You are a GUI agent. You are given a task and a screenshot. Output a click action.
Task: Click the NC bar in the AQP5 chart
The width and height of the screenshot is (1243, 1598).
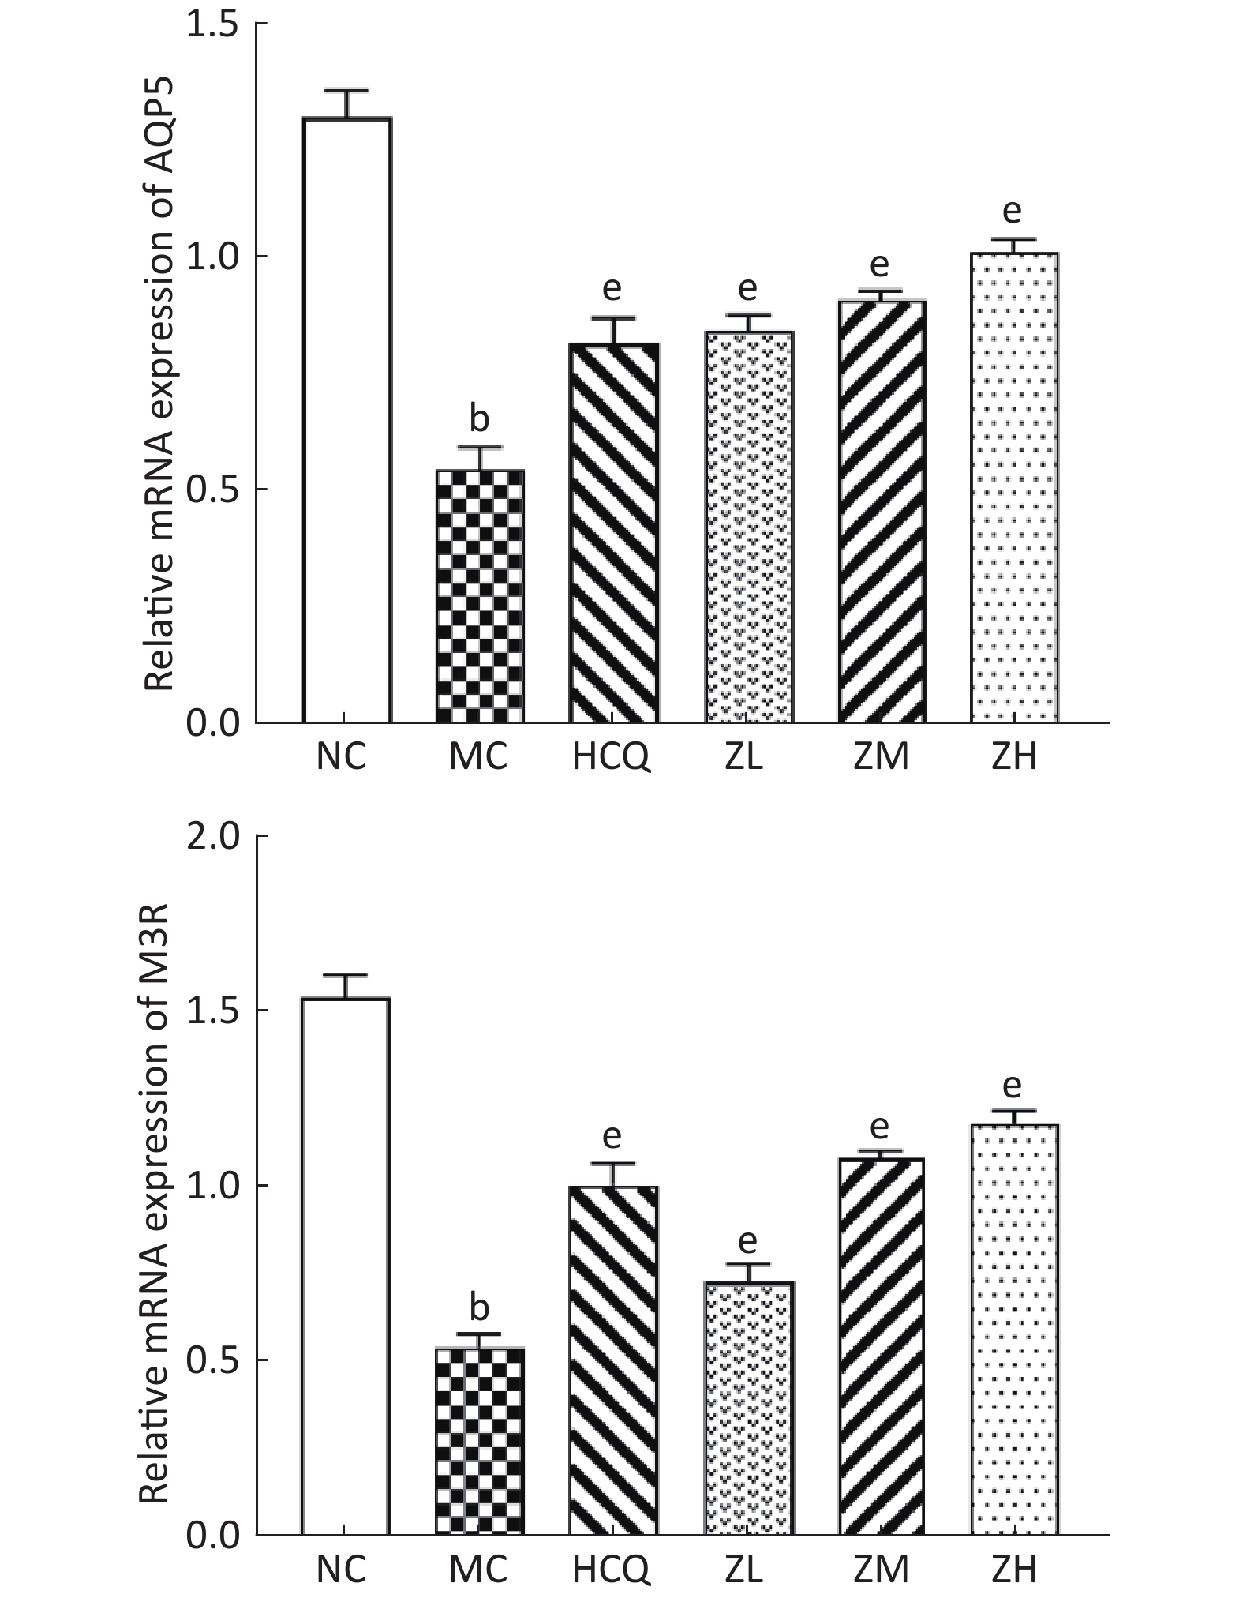click(x=346, y=419)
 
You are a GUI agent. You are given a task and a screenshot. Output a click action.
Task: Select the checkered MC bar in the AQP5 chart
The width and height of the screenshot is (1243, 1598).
click(x=480, y=596)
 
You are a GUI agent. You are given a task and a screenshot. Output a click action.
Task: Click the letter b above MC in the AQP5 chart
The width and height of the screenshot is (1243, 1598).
click(x=479, y=418)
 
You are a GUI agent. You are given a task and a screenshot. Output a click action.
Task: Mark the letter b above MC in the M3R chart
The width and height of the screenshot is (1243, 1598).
click(x=479, y=1307)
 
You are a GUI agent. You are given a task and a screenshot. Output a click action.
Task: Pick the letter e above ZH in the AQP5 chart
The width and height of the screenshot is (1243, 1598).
click(x=1012, y=211)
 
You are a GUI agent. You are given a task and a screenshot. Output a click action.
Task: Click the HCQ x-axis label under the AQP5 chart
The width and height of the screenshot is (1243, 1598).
click(x=612, y=757)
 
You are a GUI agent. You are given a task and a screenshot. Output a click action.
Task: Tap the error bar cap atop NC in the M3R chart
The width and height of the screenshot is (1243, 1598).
click(x=345, y=975)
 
